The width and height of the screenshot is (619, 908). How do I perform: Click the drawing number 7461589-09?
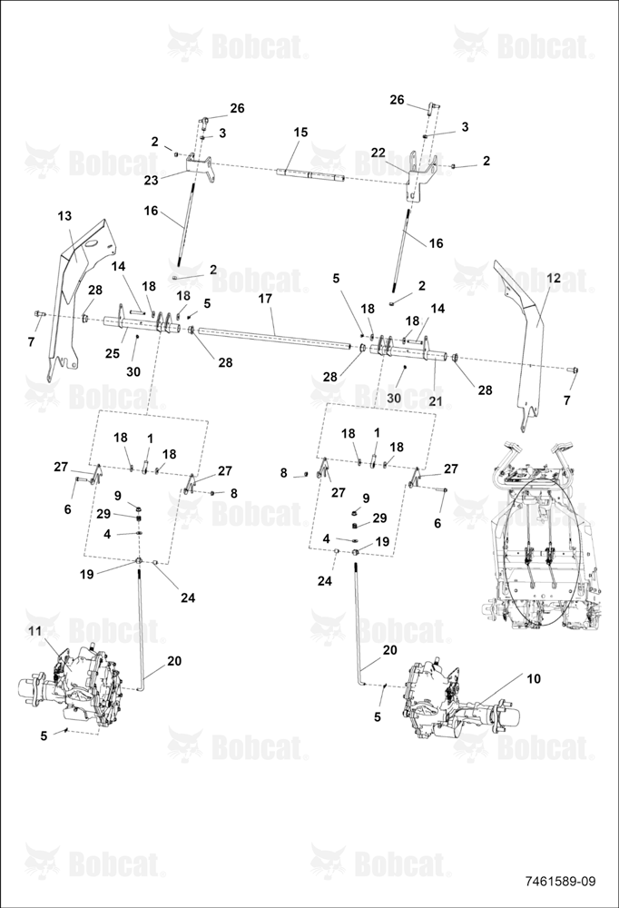click(x=560, y=881)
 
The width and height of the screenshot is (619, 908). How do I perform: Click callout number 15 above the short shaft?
click(x=300, y=132)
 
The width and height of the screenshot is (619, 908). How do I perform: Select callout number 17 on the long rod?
click(x=265, y=300)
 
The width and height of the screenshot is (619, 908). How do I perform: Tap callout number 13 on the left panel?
click(x=64, y=216)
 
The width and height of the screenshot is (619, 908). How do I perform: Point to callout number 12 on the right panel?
click(x=554, y=278)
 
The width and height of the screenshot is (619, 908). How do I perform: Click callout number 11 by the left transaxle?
click(x=35, y=631)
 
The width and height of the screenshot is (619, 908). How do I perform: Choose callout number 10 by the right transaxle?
click(x=534, y=678)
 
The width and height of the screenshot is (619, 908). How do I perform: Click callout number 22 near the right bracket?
click(x=378, y=152)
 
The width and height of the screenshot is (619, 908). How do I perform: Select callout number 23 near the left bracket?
click(x=151, y=180)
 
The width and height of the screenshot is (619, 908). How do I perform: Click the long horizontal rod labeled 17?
click(x=275, y=338)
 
